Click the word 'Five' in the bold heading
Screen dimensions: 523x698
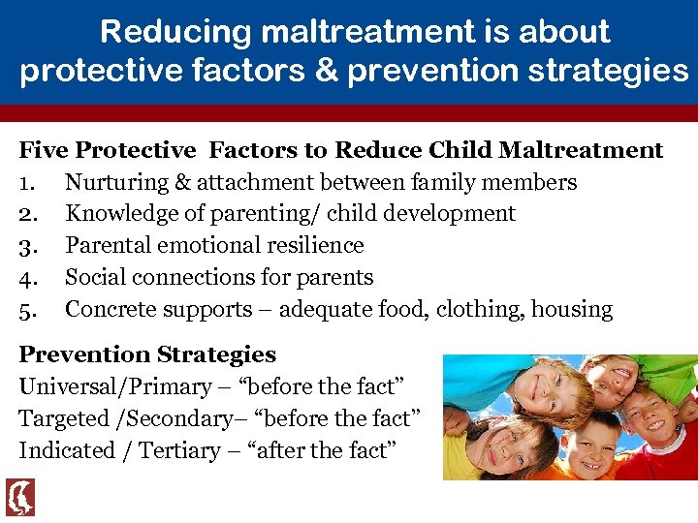[x=44, y=150]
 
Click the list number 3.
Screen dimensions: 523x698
[x=27, y=246]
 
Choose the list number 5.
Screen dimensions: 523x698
[x=27, y=310]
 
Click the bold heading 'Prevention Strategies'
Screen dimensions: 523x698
[x=147, y=354]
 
